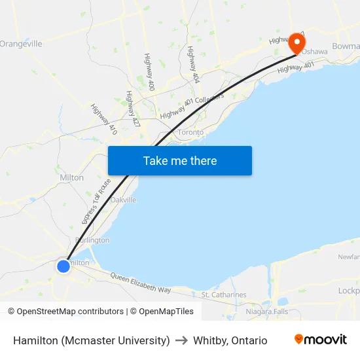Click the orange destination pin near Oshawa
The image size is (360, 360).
coord(297,43)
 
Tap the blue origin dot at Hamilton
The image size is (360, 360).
coord(63,266)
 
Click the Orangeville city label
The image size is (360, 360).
coord(21,44)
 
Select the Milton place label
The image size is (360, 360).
coord(71,177)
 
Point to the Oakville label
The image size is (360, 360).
coord(123,200)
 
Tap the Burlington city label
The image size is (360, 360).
coord(92,240)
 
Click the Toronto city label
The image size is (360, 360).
coord(190,132)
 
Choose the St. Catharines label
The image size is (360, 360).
coord(224,295)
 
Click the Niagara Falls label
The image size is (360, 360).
coord(267,312)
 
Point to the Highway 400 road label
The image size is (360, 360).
coord(150,72)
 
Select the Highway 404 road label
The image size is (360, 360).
coord(193,64)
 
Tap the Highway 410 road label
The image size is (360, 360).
coord(104,120)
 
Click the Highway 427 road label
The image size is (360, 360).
coord(134,109)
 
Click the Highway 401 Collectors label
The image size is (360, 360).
coord(192,105)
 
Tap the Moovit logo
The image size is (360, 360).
coord(321,340)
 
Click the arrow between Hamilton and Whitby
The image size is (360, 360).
coord(181,340)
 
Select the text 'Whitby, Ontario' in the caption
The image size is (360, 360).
coord(230,340)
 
